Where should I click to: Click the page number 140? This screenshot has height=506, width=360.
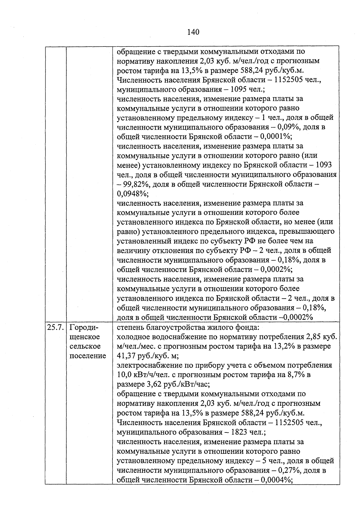[193, 32]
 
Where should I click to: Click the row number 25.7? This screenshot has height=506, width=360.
[55, 327]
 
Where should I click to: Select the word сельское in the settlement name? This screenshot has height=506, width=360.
[85, 346]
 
